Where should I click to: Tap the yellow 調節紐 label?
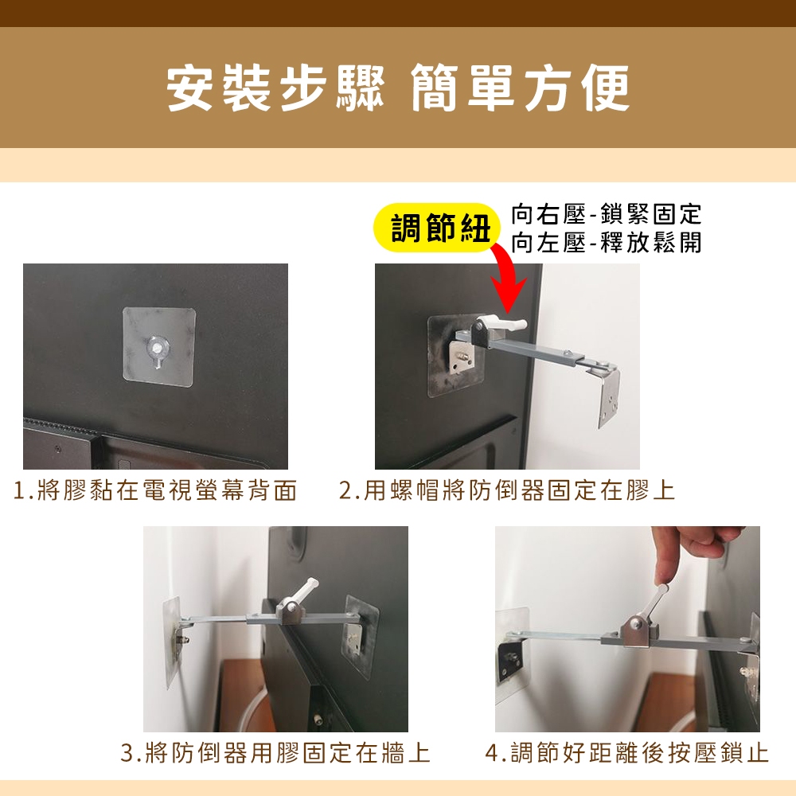(x=439, y=228)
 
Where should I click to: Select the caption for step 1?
(x=155, y=490)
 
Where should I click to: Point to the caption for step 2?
(x=506, y=490)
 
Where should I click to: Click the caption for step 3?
(x=275, y=753)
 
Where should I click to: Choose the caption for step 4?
(x=627, y=753)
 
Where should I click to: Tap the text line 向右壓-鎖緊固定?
(x=606, y=213)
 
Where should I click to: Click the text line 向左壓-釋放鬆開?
(x=606, y=242)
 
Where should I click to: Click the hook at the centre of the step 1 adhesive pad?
(x=158, y=351)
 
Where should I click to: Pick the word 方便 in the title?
(x=579, y=88)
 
